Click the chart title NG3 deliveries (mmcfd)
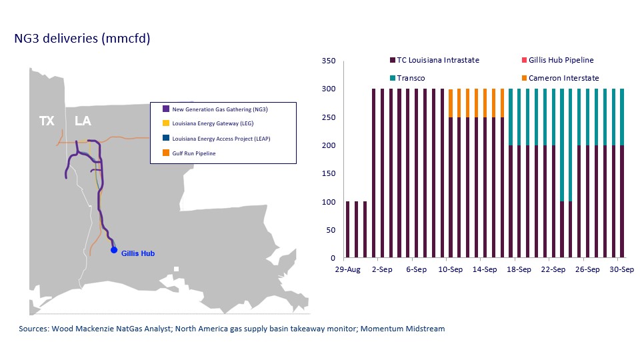pos(82,39)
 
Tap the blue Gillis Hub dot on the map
pos(114,250)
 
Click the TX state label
pos(47,121)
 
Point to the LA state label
pos(83,121)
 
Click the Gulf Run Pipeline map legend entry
pos(194,153)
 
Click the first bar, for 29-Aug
pos(348,229)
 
